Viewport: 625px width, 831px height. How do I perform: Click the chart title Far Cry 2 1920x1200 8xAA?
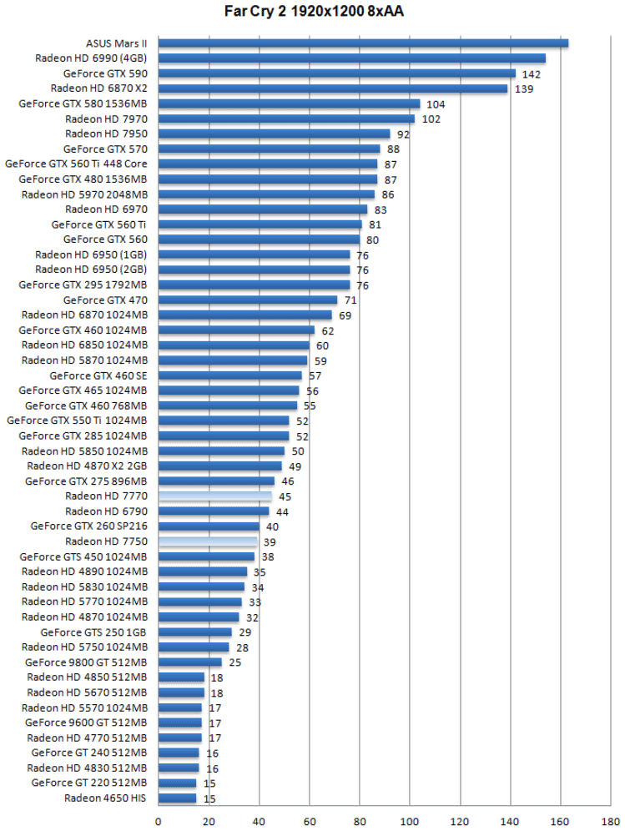click(313, 11)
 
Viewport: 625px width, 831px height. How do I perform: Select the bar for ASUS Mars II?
click(363, 43)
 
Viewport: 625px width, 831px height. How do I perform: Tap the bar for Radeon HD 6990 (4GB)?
click(351, 58)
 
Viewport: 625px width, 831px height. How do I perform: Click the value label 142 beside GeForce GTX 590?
click(532, 73)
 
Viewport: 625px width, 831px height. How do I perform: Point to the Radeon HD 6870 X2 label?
click(99, 88)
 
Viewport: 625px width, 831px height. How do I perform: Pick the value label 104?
click(436, 103)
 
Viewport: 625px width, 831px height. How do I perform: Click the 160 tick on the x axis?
click(561, 820)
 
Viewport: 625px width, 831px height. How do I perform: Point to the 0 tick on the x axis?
click(159, 820)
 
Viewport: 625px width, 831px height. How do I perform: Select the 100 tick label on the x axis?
click(410, 820)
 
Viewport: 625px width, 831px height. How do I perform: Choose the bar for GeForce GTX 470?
click(248, 300)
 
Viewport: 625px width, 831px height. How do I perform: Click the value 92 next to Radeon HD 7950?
click(403, 133)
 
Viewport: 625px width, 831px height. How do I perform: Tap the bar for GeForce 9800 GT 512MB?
click(189, 662)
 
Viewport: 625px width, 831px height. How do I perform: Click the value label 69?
click(345, 315)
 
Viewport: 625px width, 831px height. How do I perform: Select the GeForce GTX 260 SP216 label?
click(88, 526)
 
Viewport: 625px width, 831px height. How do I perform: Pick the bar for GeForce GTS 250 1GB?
click(194, 632)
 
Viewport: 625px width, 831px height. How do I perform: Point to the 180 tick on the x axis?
click(611, 820)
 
